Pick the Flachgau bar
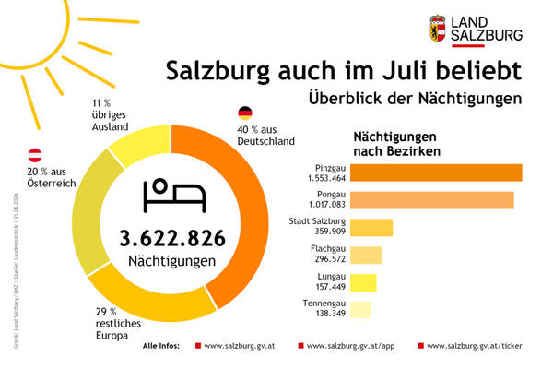[366, 256]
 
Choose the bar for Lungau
[363, 282]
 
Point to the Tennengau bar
[361, 310]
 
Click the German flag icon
[245, 113]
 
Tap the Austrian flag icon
[34, 153]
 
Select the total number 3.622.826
[172, 238]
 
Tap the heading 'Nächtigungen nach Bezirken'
[397, 143]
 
